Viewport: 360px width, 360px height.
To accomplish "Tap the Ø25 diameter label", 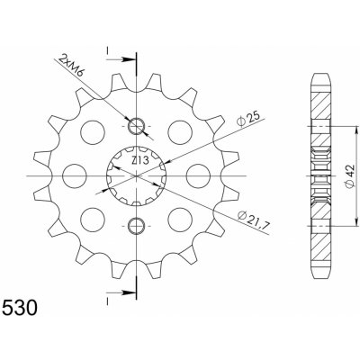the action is pyautogui.click(x=247, y=120).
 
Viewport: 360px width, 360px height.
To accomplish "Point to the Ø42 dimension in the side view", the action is pyautogui.click(x=350, y=176).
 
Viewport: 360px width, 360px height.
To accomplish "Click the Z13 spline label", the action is pyautogui.click(x=140, y=161).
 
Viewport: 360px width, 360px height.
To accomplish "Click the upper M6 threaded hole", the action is pyautogui.click(x=137, y=126).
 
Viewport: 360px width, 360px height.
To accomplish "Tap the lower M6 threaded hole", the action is pyautogui.click(x=137, y=226).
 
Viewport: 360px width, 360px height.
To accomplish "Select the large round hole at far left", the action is pyautogui.click(x=75, y=176).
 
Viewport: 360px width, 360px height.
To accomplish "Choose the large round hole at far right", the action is pyautogui.click(x=198, y=176).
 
